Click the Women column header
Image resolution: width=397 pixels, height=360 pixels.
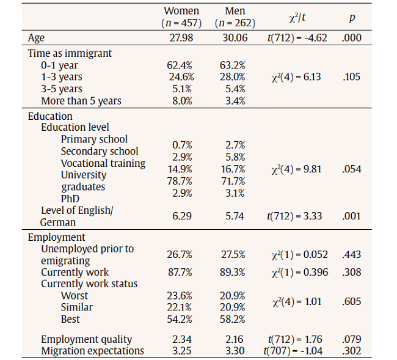pos(181,11)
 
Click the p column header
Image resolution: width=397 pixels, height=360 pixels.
pos(352,17)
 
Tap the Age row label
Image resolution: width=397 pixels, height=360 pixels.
pos(37,38)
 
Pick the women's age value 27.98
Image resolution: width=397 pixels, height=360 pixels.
pos(181,38)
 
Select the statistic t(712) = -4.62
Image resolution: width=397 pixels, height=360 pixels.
pos(297,38)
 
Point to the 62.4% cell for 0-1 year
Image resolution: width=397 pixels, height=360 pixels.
pos(181,65)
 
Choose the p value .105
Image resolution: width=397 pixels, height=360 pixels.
pos(352,77)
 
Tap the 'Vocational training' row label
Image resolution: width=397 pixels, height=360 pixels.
pos(103,163)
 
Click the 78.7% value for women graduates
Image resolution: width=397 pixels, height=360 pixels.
pos(181,181)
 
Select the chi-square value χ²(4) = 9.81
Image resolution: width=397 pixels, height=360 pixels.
pos(296,169)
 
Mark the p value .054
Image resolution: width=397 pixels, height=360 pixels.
pos(352,169)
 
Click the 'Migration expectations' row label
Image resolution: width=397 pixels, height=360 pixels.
pos(92,351)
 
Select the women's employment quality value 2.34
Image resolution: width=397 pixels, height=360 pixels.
pos(181,339)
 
